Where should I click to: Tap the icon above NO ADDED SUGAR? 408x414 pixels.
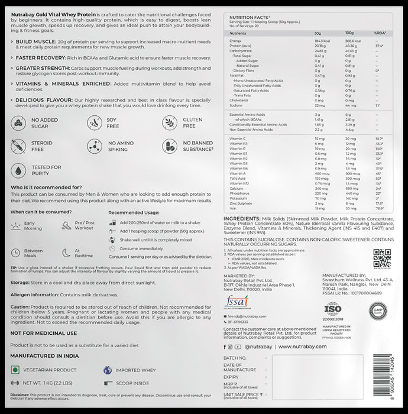coord(19,123)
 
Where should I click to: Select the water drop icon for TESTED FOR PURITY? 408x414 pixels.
coord(19,170)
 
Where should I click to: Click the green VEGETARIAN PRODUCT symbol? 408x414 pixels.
coord(16,370)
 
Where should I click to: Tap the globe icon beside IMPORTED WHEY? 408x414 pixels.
coord(108,370)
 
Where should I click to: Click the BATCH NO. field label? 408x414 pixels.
coord(235,358)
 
